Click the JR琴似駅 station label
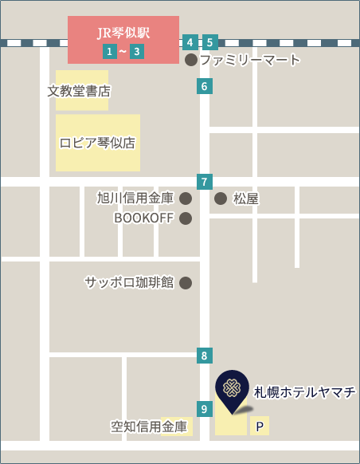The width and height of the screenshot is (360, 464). pyautogui.click(x=123, y=33)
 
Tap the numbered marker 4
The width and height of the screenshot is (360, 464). pyautogui.click(x=190, y=42)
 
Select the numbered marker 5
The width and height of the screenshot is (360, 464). pyautogui.click(x=210, y=42)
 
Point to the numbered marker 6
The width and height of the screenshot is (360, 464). pyautogui.click(x=205, y=87)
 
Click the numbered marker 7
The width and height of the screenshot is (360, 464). pyautogui.click(x=205, y=181)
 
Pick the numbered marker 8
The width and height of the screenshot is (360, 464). pyautogui.click(x=205, y=356)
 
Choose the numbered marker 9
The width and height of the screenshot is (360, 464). pyautogui.click(x=205, y=409)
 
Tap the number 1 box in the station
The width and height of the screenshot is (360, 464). pyautogui.click(x=109, y=52)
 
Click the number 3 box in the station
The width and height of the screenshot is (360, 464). pyautogui.click(x=138, y=52)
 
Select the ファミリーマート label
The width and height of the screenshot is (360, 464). pyautogui.click(x=250, y=60)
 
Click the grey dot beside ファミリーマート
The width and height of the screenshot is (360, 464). pyautogui.click(x=191, y=60)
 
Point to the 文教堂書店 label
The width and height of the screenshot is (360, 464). pyautogui.click(x=79, y=91)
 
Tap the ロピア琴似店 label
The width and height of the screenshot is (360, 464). pyautogui.click(x=97, y=143)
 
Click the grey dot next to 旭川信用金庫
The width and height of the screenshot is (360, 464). pyautogui.click(x=186, y=198)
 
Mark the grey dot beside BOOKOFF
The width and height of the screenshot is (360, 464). pyautogui.click(x=186, y=218)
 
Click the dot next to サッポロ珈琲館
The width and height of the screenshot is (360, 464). pyautogui.click(x=186, y=282)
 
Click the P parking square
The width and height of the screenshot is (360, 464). pyautogui.click(x=260, y=427)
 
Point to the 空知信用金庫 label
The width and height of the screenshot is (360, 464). pyautogui.click(x=150, y=427)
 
